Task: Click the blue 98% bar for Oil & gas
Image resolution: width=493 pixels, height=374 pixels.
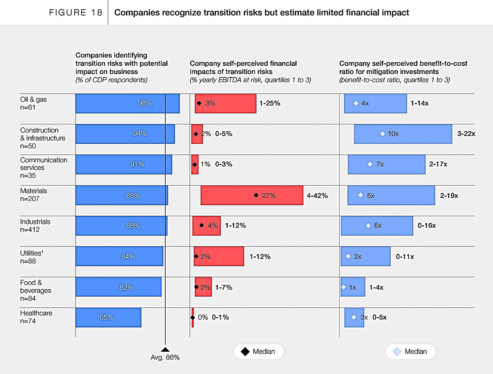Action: point(127,103)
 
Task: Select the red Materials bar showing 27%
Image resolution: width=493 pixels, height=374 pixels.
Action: point(252,195)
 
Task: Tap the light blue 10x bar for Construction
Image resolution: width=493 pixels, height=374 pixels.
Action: point(403,134)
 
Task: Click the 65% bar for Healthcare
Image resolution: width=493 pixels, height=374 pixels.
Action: point(108,317)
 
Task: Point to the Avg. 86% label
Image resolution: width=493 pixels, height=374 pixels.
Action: point(165,357)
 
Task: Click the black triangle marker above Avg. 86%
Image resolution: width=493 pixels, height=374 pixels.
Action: point(165,349)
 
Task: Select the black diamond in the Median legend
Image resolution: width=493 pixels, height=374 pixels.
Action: point(245,352)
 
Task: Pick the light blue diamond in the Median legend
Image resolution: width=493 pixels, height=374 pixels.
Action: point(397,352)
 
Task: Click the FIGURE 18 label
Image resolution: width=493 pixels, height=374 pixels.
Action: point(75,13)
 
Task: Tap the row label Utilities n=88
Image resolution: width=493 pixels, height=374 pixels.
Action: point(32,257)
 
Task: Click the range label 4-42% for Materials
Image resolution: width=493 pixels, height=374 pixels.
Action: point(317,196)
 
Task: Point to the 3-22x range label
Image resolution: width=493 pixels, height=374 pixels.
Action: point(466,134)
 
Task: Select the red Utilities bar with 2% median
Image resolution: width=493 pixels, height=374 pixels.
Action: point(219,256)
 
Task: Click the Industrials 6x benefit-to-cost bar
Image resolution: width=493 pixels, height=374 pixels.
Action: point(377,226)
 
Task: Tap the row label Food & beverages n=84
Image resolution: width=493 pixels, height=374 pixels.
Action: point(35,290)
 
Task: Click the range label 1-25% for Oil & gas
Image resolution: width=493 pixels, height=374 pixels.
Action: point(270,103)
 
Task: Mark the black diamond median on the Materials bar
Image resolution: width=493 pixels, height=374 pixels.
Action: point(256,195)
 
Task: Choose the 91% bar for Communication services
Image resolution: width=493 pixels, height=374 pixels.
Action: point(124,164)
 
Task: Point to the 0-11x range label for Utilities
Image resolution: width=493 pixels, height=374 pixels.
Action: point(405,257)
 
